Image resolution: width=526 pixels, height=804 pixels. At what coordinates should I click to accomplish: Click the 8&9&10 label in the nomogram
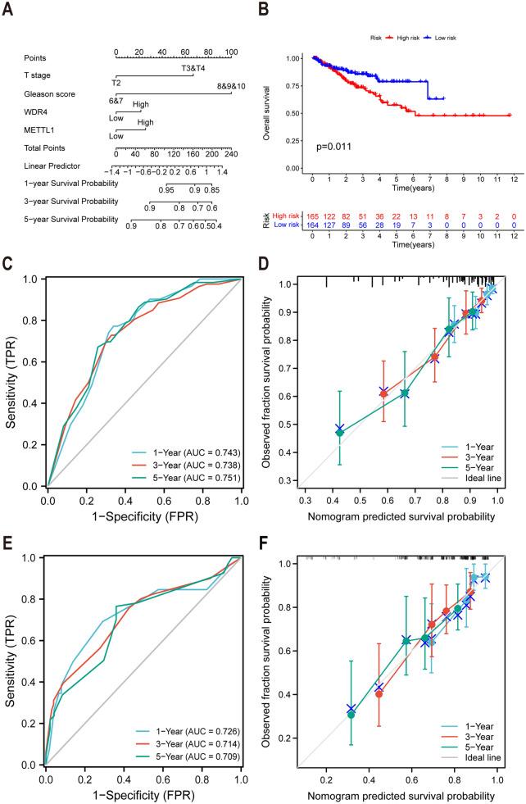click(x=231, y=86)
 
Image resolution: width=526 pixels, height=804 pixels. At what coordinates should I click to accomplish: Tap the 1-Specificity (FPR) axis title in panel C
click(x=144, y=516)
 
